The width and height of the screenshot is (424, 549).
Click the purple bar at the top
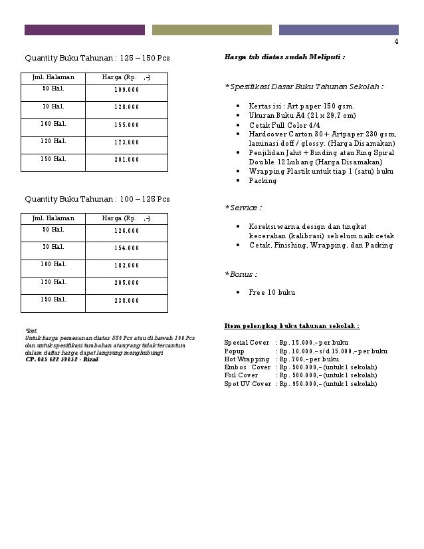(x=84, y=30)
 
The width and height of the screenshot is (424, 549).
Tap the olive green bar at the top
(x=211, y=30)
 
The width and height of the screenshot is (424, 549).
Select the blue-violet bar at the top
(x=338, y=30)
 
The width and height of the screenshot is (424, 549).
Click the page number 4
(x=396, y=42)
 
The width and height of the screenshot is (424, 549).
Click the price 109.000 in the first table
(x=126, y=89)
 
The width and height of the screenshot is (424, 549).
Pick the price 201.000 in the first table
(x=126, y=160)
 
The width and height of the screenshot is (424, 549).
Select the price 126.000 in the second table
(x=126, y=231)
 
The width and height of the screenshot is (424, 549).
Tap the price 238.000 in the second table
(x=126, y=301)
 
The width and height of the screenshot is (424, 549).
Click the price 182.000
(x=126, y=266)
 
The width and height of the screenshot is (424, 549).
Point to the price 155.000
(x=126, y=124)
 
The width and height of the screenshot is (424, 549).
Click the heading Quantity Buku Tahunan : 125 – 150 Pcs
(x=97, y=58)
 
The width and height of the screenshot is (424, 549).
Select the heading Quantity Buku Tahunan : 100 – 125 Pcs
(x=97, y=199)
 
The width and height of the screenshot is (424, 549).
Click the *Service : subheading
(x=243, y=208)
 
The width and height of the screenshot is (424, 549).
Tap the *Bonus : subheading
(x=241, y=274)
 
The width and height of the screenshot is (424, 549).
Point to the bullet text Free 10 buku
(x=272, y=292)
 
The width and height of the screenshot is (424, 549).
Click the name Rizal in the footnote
(x=90, y=359)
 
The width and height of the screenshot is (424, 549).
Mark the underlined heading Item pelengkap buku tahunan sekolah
(x=292, y=326)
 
